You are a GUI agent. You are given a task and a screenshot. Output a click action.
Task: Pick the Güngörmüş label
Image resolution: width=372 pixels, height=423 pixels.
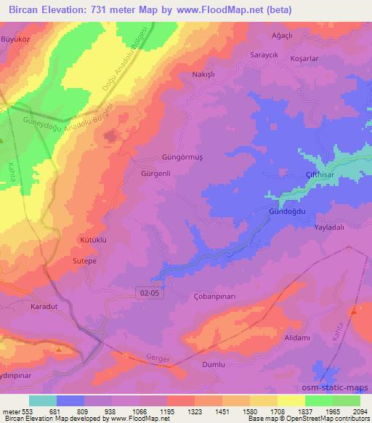[x=181, y=156]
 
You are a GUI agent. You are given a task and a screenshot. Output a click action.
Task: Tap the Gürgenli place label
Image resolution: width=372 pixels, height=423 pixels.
[x=155, y=174]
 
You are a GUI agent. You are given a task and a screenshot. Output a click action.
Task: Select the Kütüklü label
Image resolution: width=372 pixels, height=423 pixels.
[x=93, y=239]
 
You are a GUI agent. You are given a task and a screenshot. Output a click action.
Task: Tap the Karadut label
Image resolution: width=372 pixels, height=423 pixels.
[x=44, y=307]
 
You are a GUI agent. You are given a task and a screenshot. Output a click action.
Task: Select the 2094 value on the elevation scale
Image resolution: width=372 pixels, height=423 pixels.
[x=360, y=409]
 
